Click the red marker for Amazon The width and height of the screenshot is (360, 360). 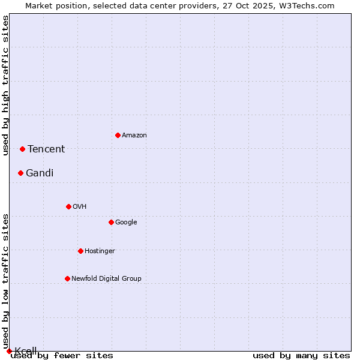118,135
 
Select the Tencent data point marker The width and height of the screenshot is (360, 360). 22,149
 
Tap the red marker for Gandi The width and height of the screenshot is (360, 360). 20,173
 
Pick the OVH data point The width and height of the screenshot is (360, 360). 68,206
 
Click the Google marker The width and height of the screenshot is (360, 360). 111,222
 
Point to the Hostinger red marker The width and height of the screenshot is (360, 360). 80,251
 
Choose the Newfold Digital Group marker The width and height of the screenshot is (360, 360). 67,278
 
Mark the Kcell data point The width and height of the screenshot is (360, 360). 9,351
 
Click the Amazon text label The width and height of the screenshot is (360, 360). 134,136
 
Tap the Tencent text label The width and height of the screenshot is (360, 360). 46,149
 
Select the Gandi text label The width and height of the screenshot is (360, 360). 40,173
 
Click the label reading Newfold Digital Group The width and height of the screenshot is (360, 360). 106,278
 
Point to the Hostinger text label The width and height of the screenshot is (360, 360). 100,251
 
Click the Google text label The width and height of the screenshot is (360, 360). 126,223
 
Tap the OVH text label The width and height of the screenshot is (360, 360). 79,207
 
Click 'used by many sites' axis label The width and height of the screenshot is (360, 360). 301,356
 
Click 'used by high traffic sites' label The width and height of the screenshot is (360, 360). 6,85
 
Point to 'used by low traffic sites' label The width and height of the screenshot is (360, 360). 6,281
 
